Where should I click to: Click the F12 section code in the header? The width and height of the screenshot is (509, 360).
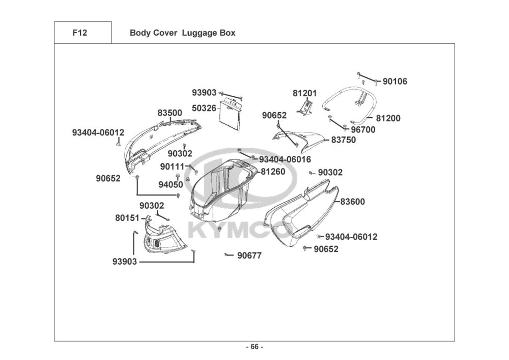(x=80, y=33)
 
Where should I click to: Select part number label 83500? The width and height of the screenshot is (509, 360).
(x=169, y=113)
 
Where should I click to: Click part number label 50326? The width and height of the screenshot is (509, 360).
(x=204, y=108)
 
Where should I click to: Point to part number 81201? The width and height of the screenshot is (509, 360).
(x=304, y=93)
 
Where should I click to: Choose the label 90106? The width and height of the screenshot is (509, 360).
(x=395, y=81)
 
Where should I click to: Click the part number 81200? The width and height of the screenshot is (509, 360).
(x=388, y=118)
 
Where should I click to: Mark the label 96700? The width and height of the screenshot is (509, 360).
(x=363, y=129)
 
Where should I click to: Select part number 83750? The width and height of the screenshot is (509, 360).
(x=344, y=140)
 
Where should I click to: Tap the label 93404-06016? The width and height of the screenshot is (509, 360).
(x=285, y=159)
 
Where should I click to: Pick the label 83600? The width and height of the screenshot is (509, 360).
(x=353, y=202)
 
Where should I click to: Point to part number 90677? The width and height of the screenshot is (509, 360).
(x=249, y=256)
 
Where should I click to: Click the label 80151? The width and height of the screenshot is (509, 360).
(x=127, y=218)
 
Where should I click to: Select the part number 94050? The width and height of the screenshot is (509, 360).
(x=170, y=184)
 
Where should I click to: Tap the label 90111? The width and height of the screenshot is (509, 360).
(x=172, y=167)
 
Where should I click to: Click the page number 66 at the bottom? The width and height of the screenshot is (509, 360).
(x=254, y=347)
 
